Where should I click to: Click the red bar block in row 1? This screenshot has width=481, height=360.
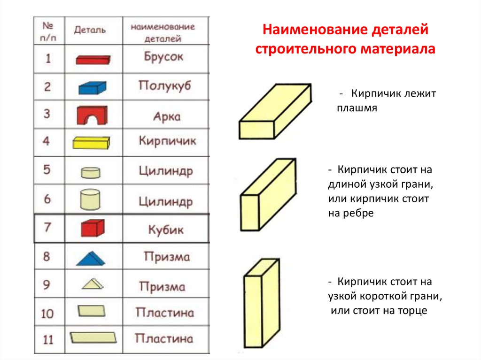click(x=93, y=60)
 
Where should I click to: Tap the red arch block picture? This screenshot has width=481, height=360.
click(x=92, y=115)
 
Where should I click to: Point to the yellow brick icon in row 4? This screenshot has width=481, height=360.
click(x=91, y=143)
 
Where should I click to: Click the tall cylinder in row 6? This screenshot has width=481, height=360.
click(x=90, y=199)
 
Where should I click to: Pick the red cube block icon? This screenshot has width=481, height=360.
click(x=93, y=228)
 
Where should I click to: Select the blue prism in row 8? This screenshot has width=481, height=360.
click(x=91, y=258)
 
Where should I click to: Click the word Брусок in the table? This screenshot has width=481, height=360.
click(x=163, y=57)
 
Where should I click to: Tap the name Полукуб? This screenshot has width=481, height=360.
click(x=165, y=85)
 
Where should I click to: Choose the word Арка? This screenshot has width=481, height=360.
click(x=167, y=116)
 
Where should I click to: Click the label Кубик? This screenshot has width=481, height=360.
click(x=166, y=230)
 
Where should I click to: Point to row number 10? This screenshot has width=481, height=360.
click(x=47, y=314)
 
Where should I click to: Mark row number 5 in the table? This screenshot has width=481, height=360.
click(x=47, y=169)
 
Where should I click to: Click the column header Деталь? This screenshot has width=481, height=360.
click(x=90, y=30)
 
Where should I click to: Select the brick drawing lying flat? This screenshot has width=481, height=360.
click(x=275, y=112)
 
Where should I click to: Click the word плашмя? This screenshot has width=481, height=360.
click(x=357, y=108)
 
